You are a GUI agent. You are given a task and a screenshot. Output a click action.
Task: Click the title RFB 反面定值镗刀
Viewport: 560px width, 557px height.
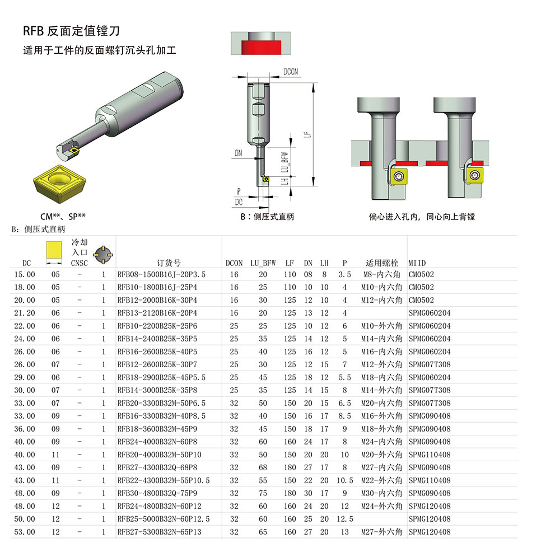click(x=71, y=30)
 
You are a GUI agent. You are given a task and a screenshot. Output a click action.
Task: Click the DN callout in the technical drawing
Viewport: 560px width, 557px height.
click(x=239, y=153)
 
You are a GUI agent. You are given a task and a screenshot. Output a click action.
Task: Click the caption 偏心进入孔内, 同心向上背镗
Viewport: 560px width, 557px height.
click(x=421, y=217)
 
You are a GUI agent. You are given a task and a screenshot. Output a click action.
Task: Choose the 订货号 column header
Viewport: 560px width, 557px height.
click(x=169, y=263)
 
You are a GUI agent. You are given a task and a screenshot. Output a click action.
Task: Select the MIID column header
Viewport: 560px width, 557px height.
click(x=417, y=263)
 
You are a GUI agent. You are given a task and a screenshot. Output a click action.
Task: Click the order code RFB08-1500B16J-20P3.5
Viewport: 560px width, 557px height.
click(x=161, y=274)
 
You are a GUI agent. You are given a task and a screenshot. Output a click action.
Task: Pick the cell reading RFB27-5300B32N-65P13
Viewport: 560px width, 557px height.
click(x=159, y=532)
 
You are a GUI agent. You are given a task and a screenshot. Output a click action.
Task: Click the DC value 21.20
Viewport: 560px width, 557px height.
click(x=25, y=313)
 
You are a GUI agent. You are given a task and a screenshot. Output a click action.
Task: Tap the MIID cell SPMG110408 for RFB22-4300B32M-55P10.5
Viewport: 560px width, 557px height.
click(x=429, y=480)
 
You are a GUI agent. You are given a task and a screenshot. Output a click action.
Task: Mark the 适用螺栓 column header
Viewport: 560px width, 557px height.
click(x=382, y=263)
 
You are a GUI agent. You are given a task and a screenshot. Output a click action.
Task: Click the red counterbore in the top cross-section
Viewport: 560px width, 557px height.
click(x=262, y=45)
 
